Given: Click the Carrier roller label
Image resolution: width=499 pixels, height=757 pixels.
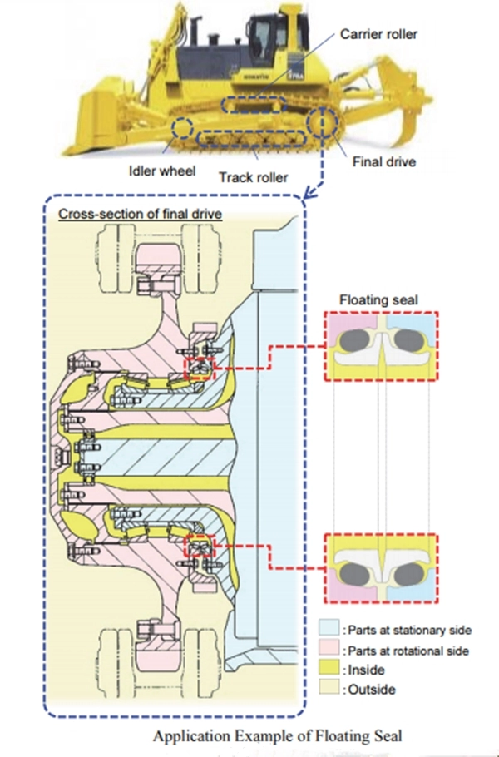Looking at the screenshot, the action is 378,34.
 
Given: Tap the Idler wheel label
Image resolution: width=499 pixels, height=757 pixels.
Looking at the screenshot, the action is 162,171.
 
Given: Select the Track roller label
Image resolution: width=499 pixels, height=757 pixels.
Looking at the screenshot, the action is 254,177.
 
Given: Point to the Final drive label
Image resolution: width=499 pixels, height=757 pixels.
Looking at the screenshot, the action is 384,161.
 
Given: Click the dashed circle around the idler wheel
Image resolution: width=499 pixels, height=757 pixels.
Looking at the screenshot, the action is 173,128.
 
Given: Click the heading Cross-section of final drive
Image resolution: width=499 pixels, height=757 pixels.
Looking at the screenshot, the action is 140,214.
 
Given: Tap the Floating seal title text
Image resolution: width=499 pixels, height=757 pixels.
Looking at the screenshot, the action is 378,299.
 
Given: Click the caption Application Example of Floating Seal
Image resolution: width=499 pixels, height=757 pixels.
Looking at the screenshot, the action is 278,736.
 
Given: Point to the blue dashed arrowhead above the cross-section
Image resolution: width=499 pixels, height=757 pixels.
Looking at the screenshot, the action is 308,195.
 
